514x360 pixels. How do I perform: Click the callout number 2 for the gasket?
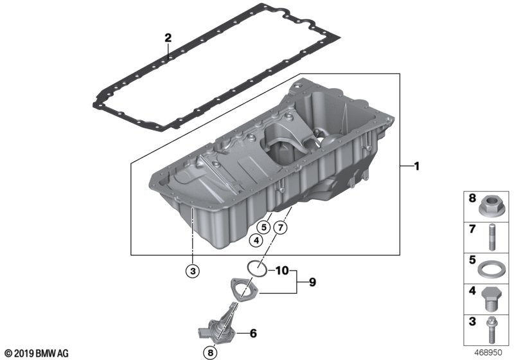168,38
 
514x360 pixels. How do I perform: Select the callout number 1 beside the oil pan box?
416,166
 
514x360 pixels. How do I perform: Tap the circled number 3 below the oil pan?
193,271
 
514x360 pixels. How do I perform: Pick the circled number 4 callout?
256,240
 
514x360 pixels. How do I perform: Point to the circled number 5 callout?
264,226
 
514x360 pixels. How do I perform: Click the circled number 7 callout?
280,227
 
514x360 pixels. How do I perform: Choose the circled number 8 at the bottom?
210,353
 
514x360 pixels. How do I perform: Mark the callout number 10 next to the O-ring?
282,271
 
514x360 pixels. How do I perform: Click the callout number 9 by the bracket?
312,282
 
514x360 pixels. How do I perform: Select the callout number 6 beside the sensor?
253,334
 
